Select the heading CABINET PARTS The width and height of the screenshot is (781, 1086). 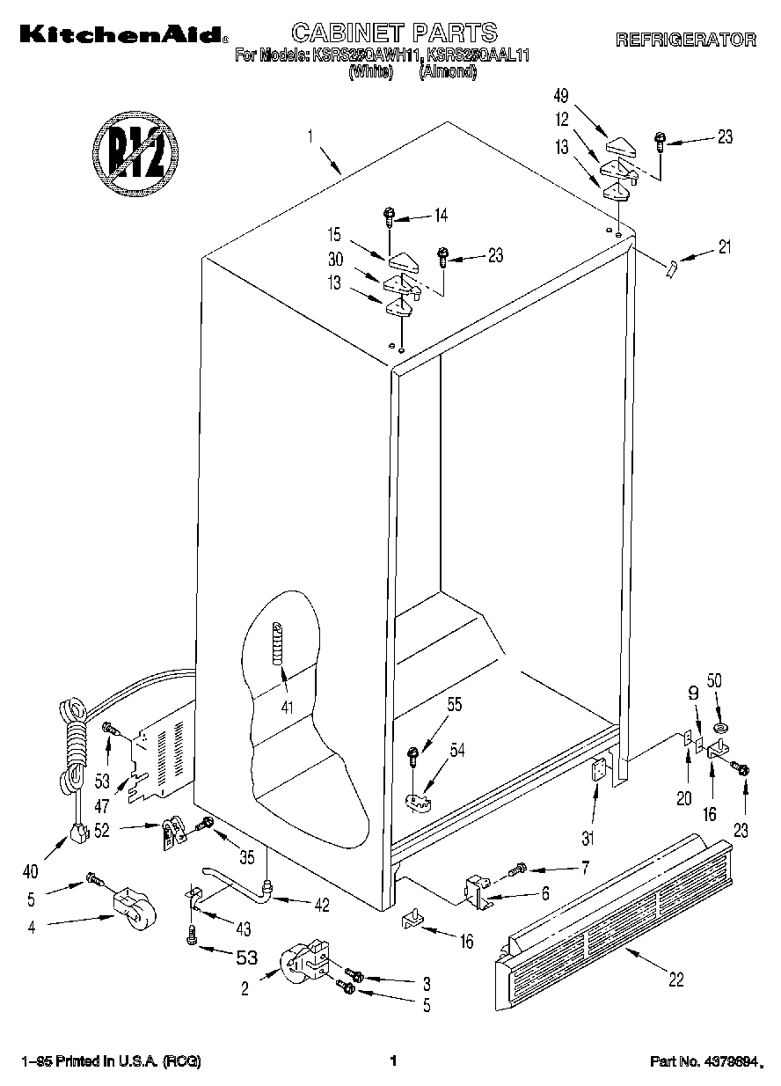(394, 33)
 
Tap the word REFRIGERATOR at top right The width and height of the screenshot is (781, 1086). (685, 40)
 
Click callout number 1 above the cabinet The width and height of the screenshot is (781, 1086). (310, 136)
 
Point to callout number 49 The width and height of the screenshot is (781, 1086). (561, 95)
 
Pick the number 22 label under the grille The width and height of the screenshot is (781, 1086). (675, 980)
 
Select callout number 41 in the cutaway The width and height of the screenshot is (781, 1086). (284, 706)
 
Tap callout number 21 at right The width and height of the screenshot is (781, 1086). (724, 247)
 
